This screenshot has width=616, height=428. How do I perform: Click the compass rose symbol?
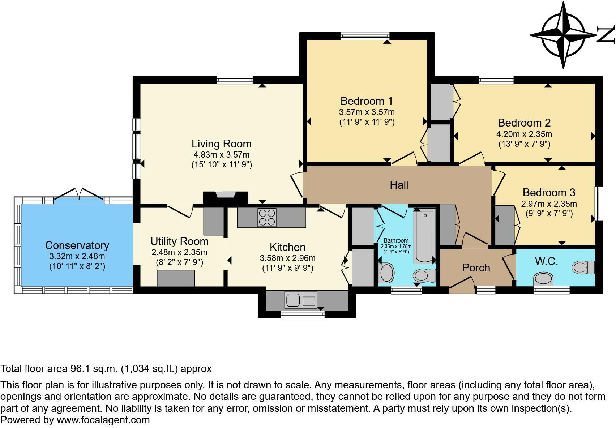coord(564,35)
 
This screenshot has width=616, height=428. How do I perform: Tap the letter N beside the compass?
coord(606,35)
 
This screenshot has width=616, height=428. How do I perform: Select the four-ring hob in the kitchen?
coord(266,218)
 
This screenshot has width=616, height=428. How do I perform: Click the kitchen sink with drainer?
coord(301,300)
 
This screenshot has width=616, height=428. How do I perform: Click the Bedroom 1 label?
coord(367,101)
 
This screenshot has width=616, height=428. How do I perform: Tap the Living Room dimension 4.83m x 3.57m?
coord(222,155)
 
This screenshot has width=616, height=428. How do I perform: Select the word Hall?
coord(399,185)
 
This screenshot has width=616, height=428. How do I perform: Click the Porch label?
coord(476,267)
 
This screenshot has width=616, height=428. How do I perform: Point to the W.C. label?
coord(547,261)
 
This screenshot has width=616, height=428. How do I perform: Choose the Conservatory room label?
coord(77,245)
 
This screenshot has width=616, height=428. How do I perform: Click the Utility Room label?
coord(179,241)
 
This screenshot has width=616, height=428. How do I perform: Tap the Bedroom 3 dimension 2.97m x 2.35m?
coord(549,204)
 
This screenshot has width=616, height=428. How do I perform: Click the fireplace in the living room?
coord(226,197)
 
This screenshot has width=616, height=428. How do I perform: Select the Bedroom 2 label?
coord(524,123)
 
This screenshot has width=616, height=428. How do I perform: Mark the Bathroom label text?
coord(396,240)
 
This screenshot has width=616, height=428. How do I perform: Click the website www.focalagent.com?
coord(103,420)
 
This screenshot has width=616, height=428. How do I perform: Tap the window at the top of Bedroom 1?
coord(365,36)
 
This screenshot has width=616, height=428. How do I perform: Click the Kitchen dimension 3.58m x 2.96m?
coord(288,258)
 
